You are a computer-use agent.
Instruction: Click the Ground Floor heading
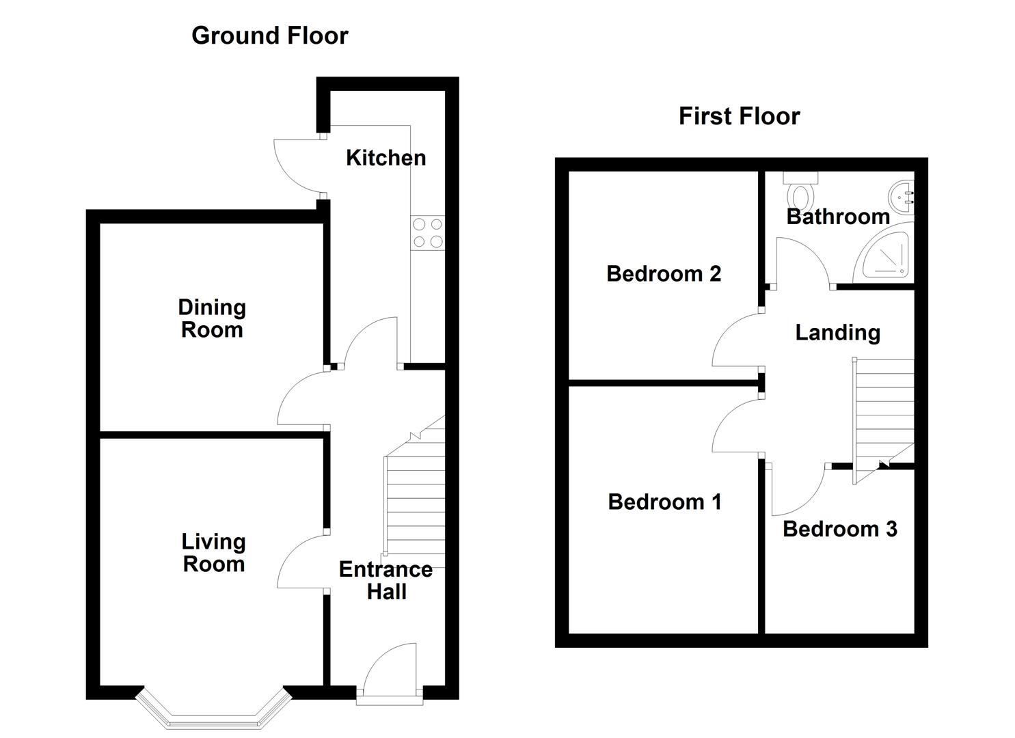(x=269, y=36)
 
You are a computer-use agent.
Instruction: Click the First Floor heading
(x=739, y=116)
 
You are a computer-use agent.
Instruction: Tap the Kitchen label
(x=385, y=158)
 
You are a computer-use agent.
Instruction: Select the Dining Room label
(x=212, y=318)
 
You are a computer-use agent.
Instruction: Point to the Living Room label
(x=214, y=553)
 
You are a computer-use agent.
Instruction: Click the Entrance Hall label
(x=385, y=580)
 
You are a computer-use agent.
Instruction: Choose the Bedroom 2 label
(x=664, y=273)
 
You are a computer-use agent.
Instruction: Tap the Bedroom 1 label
(x=664, y=502)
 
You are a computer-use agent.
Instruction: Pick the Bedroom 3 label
(x=839, y=529)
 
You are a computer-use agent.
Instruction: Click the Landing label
(x=838, y=333)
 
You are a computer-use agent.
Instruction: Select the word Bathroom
(x=838, y=217)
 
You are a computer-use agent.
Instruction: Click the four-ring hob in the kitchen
(x=428, y=233)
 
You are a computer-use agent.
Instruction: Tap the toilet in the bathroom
(x=800, y=190)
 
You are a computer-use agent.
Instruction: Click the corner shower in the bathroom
(x=884, y=253)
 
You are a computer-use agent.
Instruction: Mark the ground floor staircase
(x=415, y=491)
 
